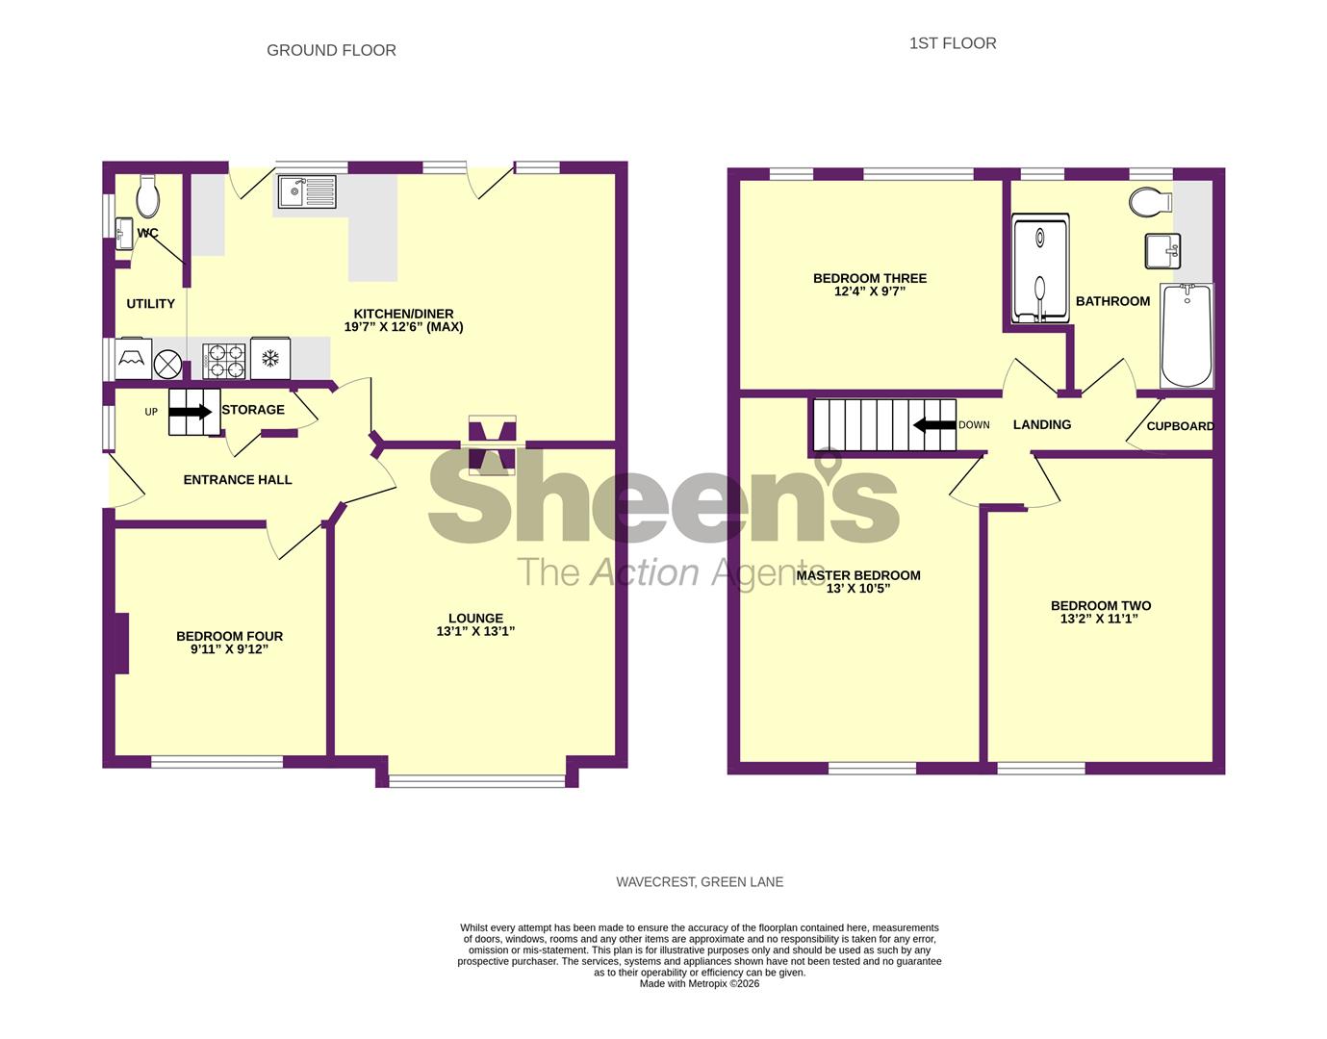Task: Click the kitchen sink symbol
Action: point(307,191)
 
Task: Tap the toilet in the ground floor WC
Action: point(148,196)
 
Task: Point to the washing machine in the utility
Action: point(133,360)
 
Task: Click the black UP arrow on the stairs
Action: point(191,412)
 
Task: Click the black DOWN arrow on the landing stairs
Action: point(933,425)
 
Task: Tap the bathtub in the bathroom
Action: point(1187,336)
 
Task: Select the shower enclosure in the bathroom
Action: point(1040,270)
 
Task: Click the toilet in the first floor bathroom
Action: point(1150,202)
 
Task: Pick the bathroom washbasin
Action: point(1162,250)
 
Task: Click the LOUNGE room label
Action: point(475,619)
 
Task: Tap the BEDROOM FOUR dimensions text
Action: point(229,649)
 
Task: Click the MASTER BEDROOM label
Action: point(858,575)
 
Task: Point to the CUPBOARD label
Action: point(1180,426)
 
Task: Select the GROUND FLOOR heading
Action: point(331,50)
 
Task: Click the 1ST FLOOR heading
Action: point(952,43)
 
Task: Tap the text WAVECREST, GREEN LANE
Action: point(700,881)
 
